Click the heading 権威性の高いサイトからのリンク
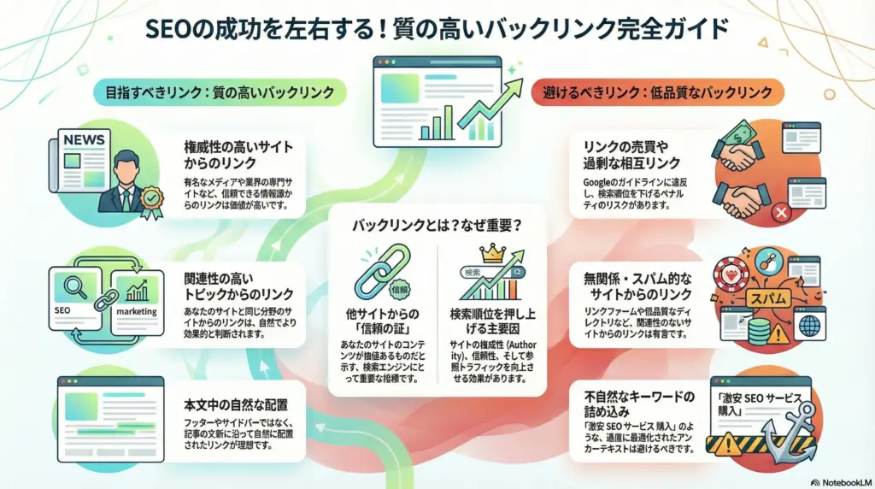tap(235, 154)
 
